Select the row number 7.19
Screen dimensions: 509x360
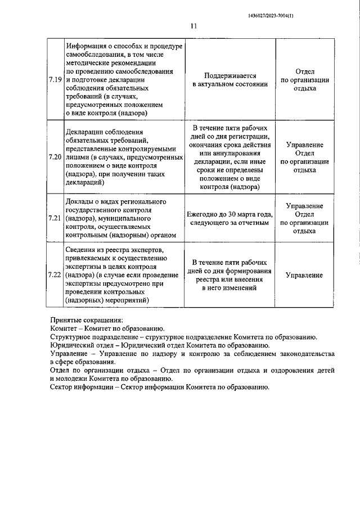pyautogui.click(x=55, y=79)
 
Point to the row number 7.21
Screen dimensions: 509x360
pyautogui.click(x=55, y=217)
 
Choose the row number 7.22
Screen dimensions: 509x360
pyautogui.click(x=55, y=275)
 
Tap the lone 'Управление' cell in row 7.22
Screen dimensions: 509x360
pyautogui.click(x=304, y=275)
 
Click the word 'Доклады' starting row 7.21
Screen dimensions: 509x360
pyautogui.click(x=80, y=201)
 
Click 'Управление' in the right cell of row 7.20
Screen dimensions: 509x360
pyautogui.click(x=304, y=145)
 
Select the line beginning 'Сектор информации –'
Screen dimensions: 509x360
pyautogui.click(x=160, y=387)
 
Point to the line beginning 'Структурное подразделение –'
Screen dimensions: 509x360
pyautogui.click(x=183, y=337)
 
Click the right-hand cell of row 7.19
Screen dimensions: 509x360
pyautogui.click(x=304, y=79)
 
